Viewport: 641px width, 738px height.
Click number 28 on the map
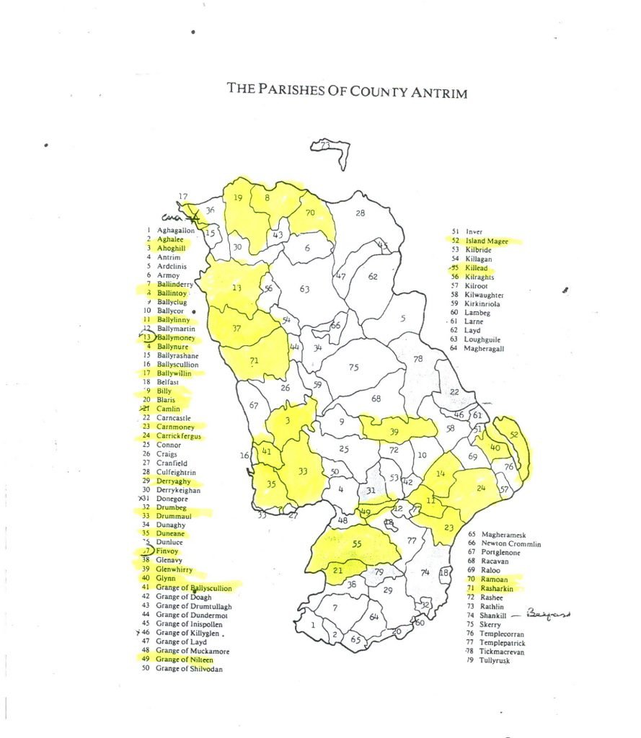coord(360,213)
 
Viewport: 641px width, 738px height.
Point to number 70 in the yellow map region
coord(310,213)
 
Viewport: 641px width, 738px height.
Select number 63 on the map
coord(304,290)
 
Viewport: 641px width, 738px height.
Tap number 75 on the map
coord(353,368)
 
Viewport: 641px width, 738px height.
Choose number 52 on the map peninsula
coord(513,435)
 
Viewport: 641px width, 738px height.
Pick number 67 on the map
coord(254,406)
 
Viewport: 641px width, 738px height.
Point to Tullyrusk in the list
coord(488,660)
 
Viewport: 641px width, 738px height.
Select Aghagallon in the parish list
coord(175,231)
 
